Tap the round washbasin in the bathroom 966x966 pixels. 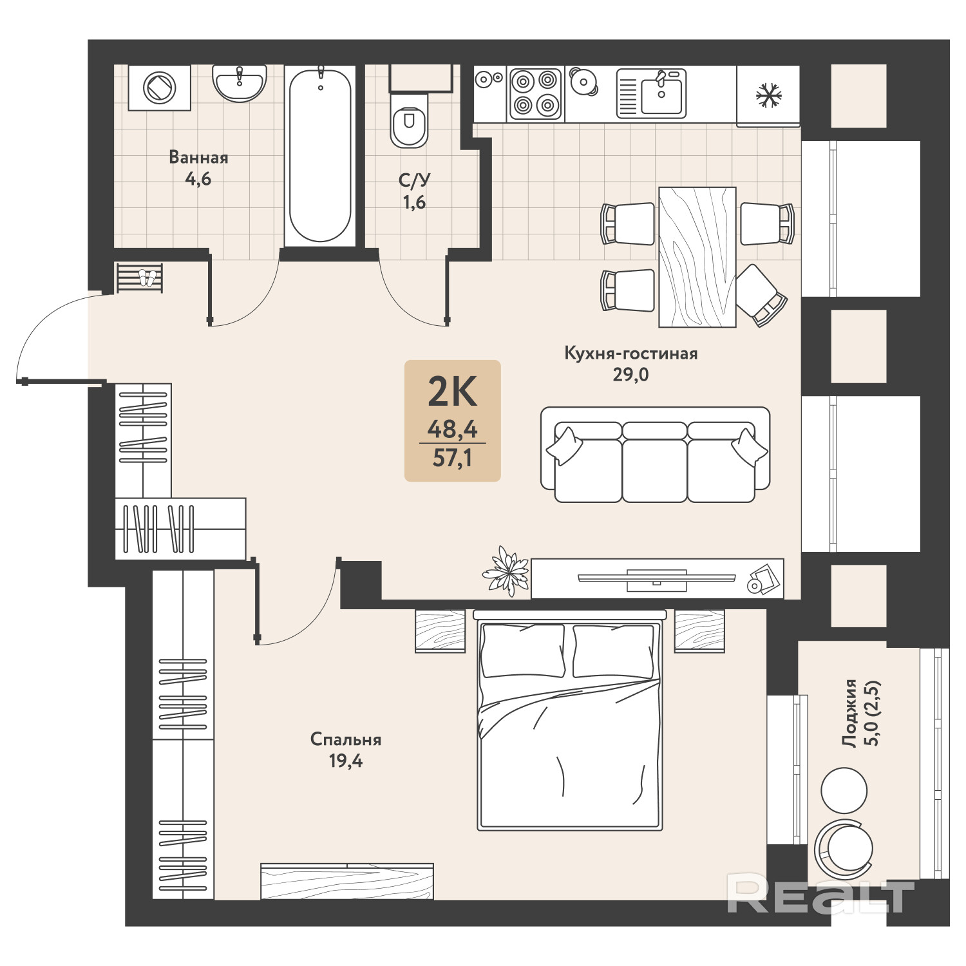238,83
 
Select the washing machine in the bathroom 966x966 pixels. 159,87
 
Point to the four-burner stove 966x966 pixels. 535,93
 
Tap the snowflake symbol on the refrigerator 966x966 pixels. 768,96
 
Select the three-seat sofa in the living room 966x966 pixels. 656,455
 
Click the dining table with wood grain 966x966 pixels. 697,257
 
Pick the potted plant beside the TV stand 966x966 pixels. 506,571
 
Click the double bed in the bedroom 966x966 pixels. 569,721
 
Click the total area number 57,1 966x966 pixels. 452,458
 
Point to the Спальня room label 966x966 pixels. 346,739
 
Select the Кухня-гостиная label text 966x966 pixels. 631,353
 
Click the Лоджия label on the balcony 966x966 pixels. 850,713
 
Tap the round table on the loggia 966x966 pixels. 844,790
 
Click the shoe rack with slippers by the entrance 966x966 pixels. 140,278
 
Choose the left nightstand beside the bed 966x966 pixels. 440,631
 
